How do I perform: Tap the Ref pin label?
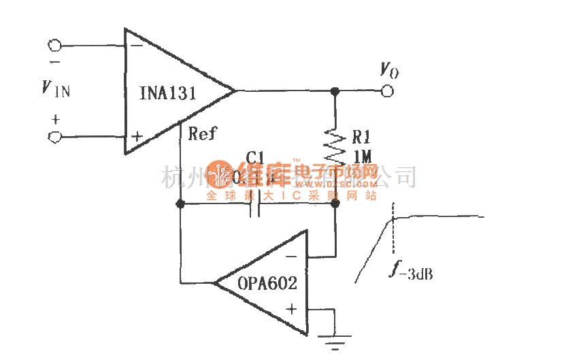pos(202,133)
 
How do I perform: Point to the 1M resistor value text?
pos(362,157)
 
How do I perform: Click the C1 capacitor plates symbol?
pos(256,203)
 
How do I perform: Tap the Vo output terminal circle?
pos(388,91)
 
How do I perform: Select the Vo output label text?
pos(388,69)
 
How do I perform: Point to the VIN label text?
pos(55,88)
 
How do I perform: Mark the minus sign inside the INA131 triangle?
pos(137,45)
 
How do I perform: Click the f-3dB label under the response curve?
pos(412,273)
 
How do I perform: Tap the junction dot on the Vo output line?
pos(334,91)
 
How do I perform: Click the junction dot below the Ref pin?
pos(180,203)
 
